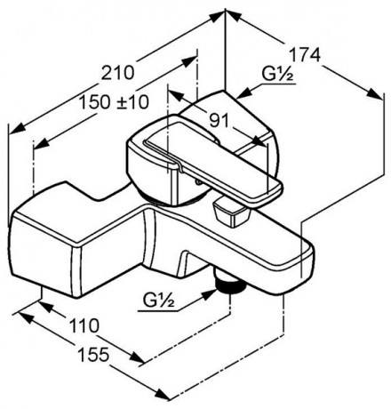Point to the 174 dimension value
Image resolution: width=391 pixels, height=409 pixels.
tap(306, 53)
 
